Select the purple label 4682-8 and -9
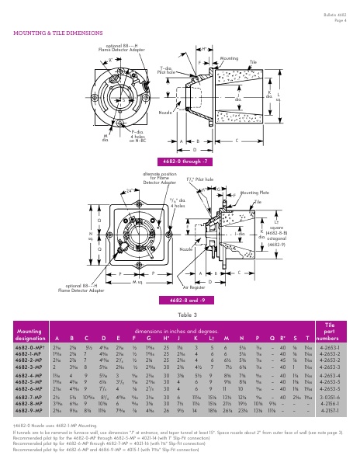[180, 299]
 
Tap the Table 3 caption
[179, 315]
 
